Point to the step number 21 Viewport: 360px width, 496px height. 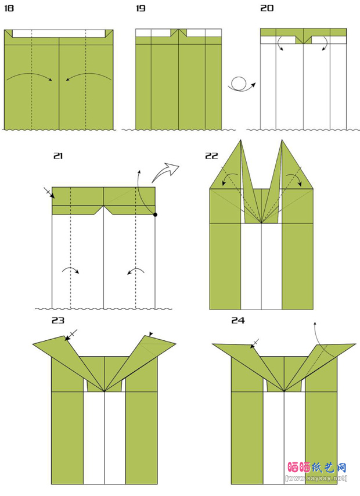point(57,156)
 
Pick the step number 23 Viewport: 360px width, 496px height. point(57,321)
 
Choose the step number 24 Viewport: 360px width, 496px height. point(237,321)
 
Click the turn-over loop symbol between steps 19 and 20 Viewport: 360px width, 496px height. point(240,85)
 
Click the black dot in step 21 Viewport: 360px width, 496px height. point(156,215)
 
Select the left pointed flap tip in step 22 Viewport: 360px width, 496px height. point(240,142)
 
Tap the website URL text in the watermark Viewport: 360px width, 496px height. point(316,478)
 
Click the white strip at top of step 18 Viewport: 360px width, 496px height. point(58,34)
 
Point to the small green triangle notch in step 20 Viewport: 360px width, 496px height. point(303,40)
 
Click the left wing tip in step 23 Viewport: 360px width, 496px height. point(35,344)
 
